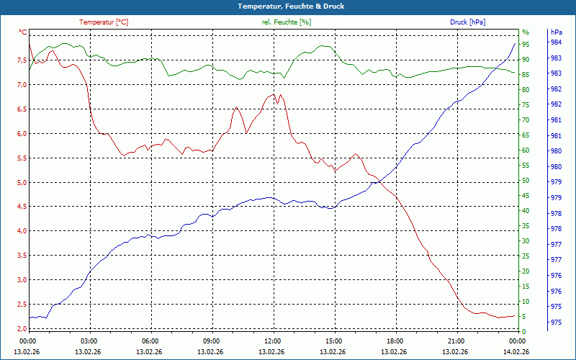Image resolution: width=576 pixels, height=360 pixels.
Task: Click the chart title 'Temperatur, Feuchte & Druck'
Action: point(288,6)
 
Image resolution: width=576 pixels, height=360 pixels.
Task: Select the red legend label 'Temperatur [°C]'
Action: point(104,22)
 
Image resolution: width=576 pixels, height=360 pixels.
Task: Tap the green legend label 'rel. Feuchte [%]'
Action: point(287,22)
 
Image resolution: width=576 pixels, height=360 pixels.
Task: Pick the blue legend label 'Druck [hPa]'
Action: point(467,22)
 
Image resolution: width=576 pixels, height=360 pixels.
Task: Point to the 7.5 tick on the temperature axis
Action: point(22,60)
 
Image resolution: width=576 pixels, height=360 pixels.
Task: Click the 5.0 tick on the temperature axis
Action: point(22,182)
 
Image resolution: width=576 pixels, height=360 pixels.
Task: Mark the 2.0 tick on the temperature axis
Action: point(22,328)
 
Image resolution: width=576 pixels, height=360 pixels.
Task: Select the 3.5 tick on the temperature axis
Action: point(22,256)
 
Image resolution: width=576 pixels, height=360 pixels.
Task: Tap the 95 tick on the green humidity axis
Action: point(526,44)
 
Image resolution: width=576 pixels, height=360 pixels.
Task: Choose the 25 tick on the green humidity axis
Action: point(526,256)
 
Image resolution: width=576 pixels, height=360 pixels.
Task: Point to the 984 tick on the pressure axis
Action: point(556,42)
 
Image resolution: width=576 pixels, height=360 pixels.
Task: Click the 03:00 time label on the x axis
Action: point(89,341)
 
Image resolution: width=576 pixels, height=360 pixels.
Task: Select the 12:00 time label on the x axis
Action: point(273,341)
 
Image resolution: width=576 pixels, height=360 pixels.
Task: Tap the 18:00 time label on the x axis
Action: point(395,341)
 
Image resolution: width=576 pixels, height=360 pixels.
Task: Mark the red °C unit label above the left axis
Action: point(23,32)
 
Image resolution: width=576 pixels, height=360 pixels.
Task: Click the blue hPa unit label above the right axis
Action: point(556,32)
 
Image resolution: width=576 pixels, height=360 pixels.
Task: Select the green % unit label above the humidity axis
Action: point(526,32)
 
